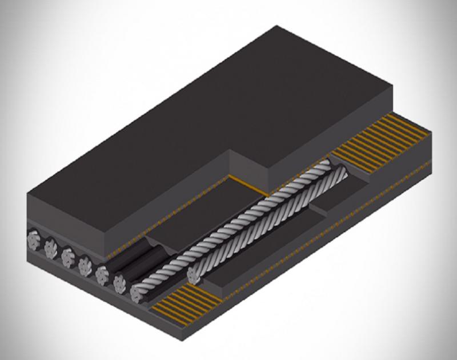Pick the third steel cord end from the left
(69, 254)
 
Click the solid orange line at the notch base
(248, 185)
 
